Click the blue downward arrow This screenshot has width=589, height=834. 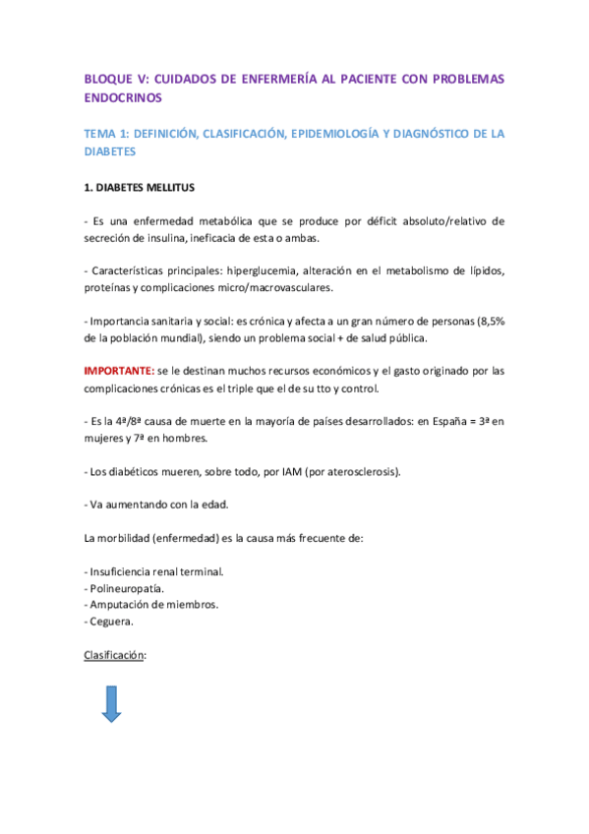tap(110, 704)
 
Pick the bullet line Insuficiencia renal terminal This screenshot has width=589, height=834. tap(155, 571)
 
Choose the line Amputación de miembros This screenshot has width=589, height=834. tap(152, 605)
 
